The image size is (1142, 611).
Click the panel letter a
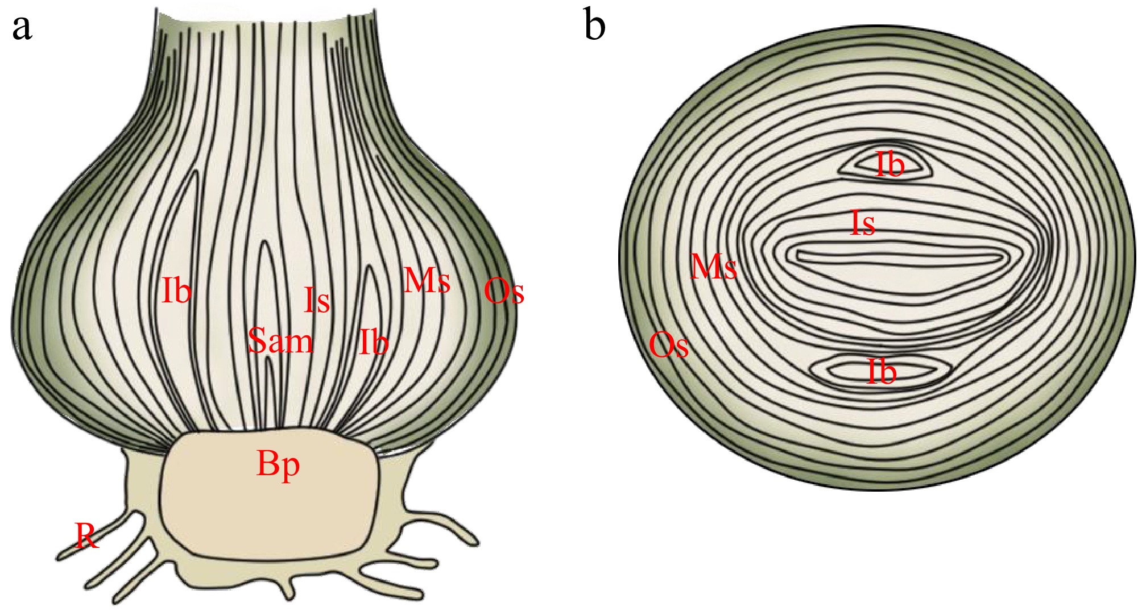pos(22,27)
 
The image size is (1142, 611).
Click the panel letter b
pos(594,26)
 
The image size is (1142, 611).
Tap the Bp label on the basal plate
pos(278,464)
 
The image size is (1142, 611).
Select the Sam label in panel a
pos(280,341)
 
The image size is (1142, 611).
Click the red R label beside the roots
pos(87,535)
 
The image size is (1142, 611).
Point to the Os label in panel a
pos(503,291)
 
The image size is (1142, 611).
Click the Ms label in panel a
pos(427,280)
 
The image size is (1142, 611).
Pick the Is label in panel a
pos(316,300)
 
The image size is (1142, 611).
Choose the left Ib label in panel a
pos(176,290)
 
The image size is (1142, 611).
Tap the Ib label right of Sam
pos(374,342)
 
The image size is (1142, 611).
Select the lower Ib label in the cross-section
pos(882,372)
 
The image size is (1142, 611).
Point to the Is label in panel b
pos(862,223)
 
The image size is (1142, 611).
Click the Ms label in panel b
pos(714,266)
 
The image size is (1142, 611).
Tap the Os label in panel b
pos(668,345)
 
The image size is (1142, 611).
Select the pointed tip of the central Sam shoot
pos(264,243)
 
